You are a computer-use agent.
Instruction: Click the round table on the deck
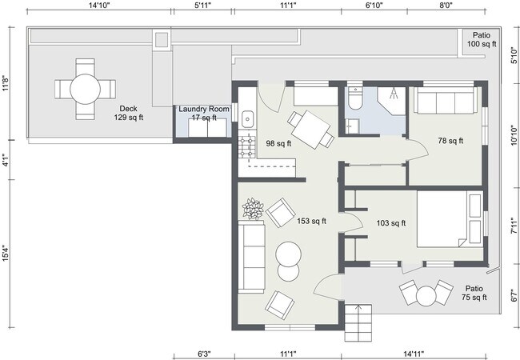point(84,87)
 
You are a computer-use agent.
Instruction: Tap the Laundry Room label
point(204,110)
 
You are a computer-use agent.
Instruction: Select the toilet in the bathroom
point(355,97)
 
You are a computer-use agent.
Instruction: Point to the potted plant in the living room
point(254,210)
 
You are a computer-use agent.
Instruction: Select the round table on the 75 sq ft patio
point(426,295)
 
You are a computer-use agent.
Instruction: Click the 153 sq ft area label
point(311,222)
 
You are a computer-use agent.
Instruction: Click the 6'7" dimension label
point(514,295)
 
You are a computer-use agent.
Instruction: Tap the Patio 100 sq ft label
point(481,40)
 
